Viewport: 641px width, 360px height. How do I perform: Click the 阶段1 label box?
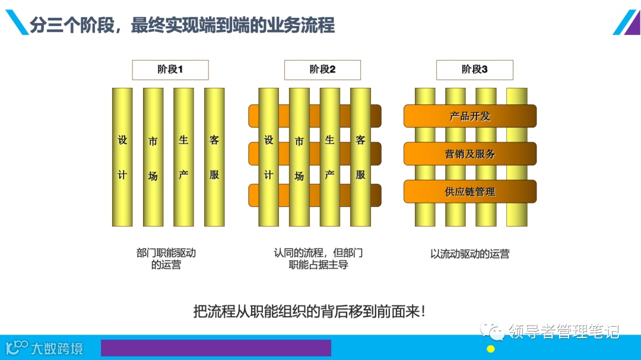pos(170,70)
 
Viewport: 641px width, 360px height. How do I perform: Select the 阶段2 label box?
pos(322,70)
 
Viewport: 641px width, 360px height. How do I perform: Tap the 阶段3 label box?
pos(474,70)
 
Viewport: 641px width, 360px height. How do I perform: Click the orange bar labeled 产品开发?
pos(470,116)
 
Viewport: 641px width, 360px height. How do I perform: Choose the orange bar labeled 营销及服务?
pos(470,154)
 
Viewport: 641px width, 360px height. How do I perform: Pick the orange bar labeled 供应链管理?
pos(470,192)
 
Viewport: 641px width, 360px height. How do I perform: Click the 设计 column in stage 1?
pos(122,157)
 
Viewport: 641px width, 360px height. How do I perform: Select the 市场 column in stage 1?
pos(153,157)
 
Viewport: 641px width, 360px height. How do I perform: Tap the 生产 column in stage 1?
pos(183,157)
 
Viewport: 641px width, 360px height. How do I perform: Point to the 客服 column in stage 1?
pos(214,157)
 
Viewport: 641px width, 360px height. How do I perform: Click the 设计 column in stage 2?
pos(269,157)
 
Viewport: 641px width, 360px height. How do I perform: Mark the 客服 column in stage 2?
pos(360,157)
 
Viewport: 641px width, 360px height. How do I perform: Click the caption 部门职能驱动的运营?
pos(166,259)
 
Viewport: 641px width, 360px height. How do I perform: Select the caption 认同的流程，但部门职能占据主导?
pos(318,259)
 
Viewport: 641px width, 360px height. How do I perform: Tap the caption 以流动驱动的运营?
pos(469,254)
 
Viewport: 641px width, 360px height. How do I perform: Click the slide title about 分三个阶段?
pos(182,26)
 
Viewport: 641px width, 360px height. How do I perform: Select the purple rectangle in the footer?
pos(215,348)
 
